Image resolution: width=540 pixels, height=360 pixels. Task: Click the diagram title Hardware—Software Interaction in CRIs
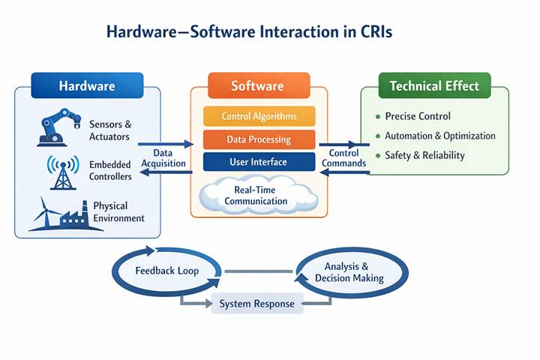(x=249, y=32)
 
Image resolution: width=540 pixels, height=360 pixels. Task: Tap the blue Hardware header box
(x=87, y=85)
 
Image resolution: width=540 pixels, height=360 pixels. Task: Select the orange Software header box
(x=257, y=85)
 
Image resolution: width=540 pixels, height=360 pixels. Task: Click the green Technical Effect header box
(x=434, y=85)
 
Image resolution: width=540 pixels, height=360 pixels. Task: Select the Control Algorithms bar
(x=259, y=116)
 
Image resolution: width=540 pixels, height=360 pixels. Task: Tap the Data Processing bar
(x=259, y=139)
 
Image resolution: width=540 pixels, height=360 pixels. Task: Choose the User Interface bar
(x=259, y=161)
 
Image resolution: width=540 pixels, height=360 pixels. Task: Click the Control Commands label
(x=343, y=158)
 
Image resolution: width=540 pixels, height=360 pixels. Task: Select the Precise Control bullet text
(x=418, y=116)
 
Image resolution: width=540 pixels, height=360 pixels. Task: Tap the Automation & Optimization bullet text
(x=439, y=136)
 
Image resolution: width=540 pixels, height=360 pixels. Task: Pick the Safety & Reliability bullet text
(x=424, y=155)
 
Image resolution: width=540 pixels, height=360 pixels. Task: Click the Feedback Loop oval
(x=166, y=270)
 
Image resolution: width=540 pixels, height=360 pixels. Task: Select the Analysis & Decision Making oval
(x=349, y=271)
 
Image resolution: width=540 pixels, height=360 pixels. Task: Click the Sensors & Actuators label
(x=109, y=130)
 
